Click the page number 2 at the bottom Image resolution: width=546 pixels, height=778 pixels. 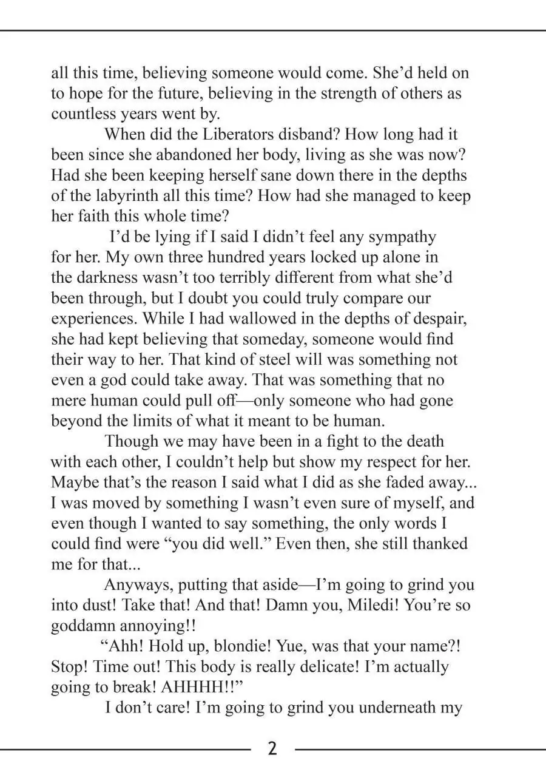click(272, 748)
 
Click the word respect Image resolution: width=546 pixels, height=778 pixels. click(396, 462)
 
